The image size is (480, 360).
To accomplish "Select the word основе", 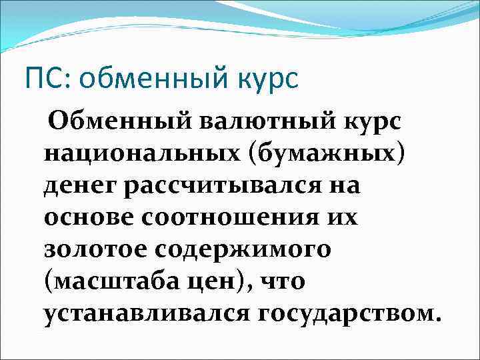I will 86,217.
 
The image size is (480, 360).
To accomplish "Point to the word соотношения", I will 227,217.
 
